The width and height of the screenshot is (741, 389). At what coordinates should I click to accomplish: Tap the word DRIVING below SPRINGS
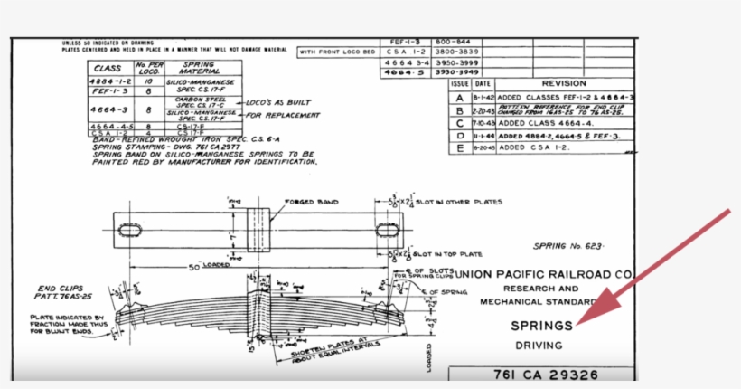[x=539, y=346]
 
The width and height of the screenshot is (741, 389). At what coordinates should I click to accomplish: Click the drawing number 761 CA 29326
[x=541, y=375]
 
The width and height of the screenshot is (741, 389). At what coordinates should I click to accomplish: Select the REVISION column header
[x=563, y=82]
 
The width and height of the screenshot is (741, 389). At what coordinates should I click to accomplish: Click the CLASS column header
[x=109, y=67]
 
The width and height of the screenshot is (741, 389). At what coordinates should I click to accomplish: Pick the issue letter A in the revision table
[x=459, y=97]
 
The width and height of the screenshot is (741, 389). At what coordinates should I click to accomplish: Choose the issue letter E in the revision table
[x=459, y=147]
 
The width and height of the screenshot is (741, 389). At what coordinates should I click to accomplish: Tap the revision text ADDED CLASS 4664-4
[x=540, y=122]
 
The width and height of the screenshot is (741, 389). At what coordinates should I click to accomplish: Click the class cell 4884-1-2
[x=109, y=81]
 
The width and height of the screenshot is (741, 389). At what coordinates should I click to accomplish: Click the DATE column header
[x=483, y=82]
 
